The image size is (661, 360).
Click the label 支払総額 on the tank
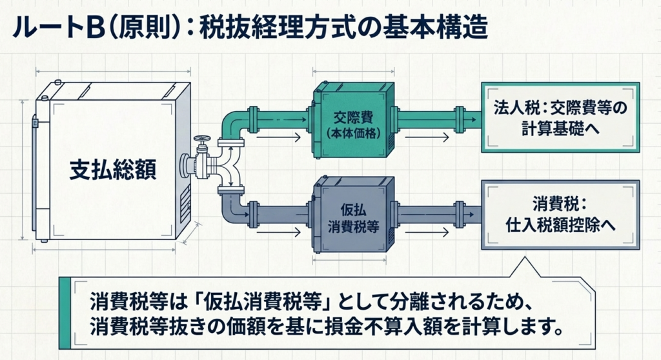coord(113,170)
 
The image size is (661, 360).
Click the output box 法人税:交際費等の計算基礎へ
coord(560,117)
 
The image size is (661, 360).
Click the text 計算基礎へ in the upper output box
coord(560,128)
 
